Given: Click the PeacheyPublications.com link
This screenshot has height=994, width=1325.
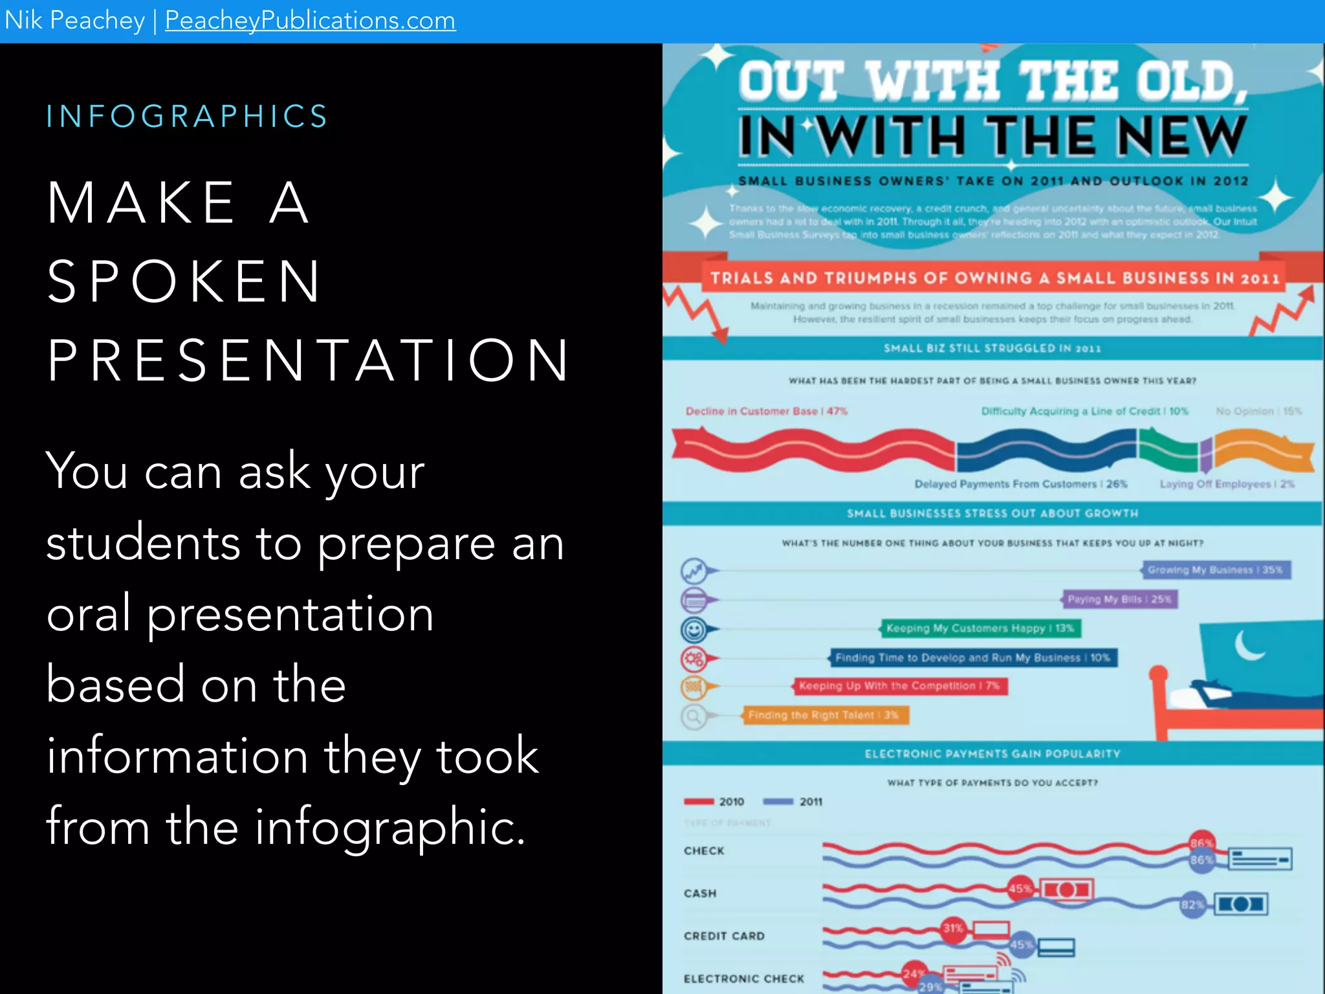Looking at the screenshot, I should [310, 21].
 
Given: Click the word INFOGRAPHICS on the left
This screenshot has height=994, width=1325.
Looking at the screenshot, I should [187, 116].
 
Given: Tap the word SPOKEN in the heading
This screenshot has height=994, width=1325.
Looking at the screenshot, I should [184, 282].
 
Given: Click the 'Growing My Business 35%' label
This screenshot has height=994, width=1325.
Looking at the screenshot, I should [1215, 570].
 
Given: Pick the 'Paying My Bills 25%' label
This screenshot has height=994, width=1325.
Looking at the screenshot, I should [1119, 599].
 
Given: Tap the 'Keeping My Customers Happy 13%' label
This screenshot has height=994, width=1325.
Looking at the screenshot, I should [980, 628].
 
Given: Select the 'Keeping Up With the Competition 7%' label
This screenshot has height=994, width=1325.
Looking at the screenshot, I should [899, 686].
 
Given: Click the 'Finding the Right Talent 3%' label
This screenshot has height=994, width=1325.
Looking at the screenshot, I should [823, 715].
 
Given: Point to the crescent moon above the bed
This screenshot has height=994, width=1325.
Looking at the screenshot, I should [1247, 646].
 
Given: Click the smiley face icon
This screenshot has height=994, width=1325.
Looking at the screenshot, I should [694, 629].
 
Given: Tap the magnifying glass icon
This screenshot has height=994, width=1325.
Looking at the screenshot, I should [694, 716].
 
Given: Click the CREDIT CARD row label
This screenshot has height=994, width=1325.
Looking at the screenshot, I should [724, 936].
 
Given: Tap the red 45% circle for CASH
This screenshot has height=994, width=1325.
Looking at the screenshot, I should [1020, 889].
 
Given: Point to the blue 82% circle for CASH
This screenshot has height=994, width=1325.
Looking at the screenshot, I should [1192, 905].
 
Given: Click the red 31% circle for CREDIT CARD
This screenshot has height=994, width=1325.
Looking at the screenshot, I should [953, 928].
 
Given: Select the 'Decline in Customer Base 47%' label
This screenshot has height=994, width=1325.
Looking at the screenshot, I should [766, 412].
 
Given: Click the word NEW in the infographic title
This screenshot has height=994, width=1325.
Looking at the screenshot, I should [1181, 136].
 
